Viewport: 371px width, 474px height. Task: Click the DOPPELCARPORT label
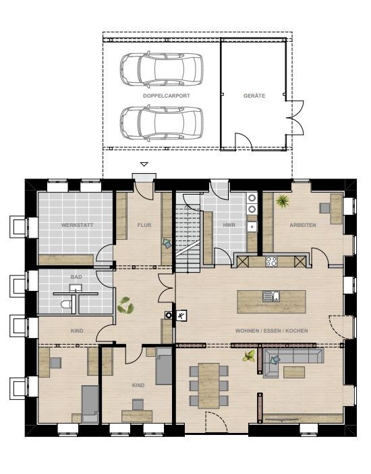(166, 96)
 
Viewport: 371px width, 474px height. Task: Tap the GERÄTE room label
(254, 96)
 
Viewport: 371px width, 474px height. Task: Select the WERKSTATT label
(77, 225)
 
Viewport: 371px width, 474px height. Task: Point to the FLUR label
(144, 225)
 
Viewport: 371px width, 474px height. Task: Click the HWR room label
(229, 225)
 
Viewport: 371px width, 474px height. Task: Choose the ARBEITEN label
(303, 225)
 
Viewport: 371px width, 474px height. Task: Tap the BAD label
(76, 277)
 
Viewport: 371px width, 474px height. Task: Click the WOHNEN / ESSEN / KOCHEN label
(271, 331)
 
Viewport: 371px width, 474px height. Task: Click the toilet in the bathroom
(66, 304)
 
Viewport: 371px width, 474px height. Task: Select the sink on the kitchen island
(271, 296)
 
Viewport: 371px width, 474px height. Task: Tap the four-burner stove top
(271, 261)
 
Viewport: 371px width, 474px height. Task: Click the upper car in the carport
(161, 70)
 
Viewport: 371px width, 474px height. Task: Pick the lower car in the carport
(161, 123)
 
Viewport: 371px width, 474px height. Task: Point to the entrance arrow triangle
(144, 164)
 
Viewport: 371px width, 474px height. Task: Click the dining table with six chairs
(209, 385)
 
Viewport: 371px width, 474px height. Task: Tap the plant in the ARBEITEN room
(283, 201)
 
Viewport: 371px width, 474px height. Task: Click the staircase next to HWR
(188, 234)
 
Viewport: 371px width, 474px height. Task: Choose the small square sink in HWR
(252, 226)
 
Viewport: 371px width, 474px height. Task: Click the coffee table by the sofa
(294, 372)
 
